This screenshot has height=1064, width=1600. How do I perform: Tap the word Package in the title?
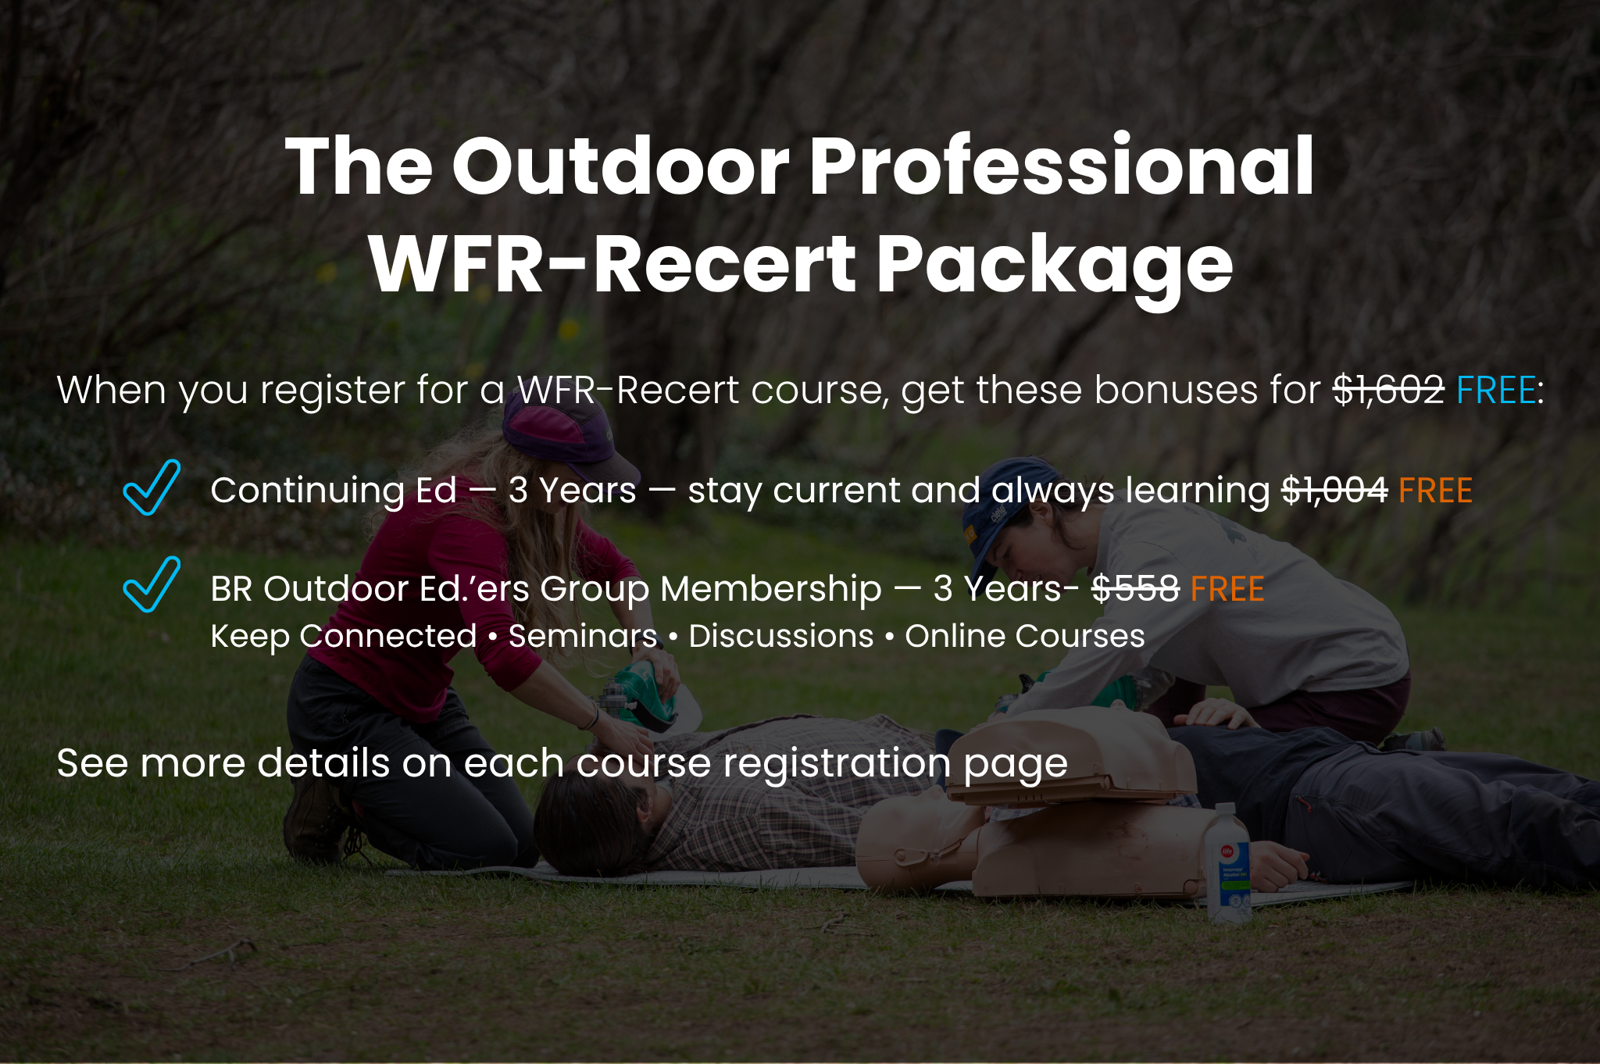[x=1054, y=266]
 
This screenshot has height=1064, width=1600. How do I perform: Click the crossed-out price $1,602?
[x=1388, y=390]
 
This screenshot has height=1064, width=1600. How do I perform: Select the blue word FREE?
[x=1496, y=390]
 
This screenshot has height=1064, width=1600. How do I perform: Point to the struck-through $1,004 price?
[x=1334, y=491]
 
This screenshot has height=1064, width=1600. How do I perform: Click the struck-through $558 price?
[x=1135, y=588]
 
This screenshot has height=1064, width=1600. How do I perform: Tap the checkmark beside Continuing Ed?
[x=152, y=487]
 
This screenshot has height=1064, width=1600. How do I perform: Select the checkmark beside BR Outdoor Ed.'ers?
[x=152, y=584]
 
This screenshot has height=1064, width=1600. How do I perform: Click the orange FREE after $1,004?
[x=1435, y=491]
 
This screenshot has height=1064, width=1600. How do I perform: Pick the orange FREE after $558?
[x=1227, y=589]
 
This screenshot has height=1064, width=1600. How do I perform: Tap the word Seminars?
[x=583, y=636]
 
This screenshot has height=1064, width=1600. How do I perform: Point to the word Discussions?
[x=781, y=636]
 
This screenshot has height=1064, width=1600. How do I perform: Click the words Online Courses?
[x=1025, y=636]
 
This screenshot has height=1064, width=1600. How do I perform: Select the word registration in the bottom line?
[x=837, y=763]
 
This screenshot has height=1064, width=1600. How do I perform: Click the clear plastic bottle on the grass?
[x=1227, y=863]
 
